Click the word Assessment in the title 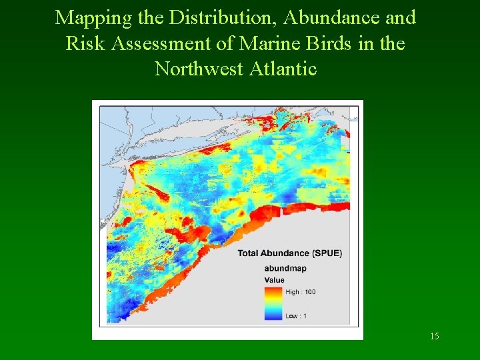point(165,43)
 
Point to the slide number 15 point(434,336)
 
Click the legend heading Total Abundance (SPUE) point(289,253)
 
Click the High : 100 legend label point(301,292)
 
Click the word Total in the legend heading point(249,253)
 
